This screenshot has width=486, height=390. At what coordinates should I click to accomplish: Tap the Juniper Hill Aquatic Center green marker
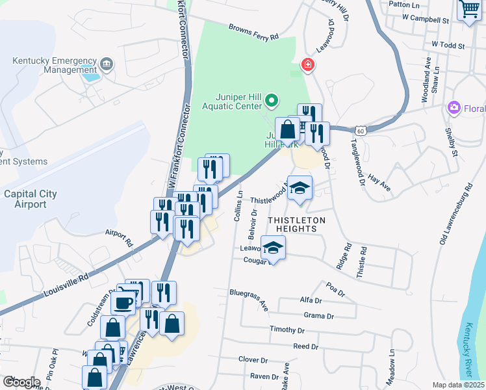coord(272,101)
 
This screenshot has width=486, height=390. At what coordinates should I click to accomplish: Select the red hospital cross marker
coord(307,65)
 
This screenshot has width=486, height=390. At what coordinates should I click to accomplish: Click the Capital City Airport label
coord(30,199)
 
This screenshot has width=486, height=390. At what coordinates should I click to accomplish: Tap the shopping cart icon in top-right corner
coord(469,10)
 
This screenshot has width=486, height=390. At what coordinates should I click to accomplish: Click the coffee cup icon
coord(123,302)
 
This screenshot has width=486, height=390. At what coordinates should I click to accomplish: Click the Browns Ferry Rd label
coord(253,31)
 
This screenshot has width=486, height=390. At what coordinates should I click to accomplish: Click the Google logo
coord(21,381)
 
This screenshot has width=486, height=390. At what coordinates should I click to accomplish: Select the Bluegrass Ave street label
coord(249,298)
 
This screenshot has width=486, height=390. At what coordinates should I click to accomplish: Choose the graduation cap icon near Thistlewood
coord(300,188)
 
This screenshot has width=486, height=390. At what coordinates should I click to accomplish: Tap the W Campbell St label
coord(426,20)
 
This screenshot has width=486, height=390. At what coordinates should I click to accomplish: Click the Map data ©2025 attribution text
coord(459,385)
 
